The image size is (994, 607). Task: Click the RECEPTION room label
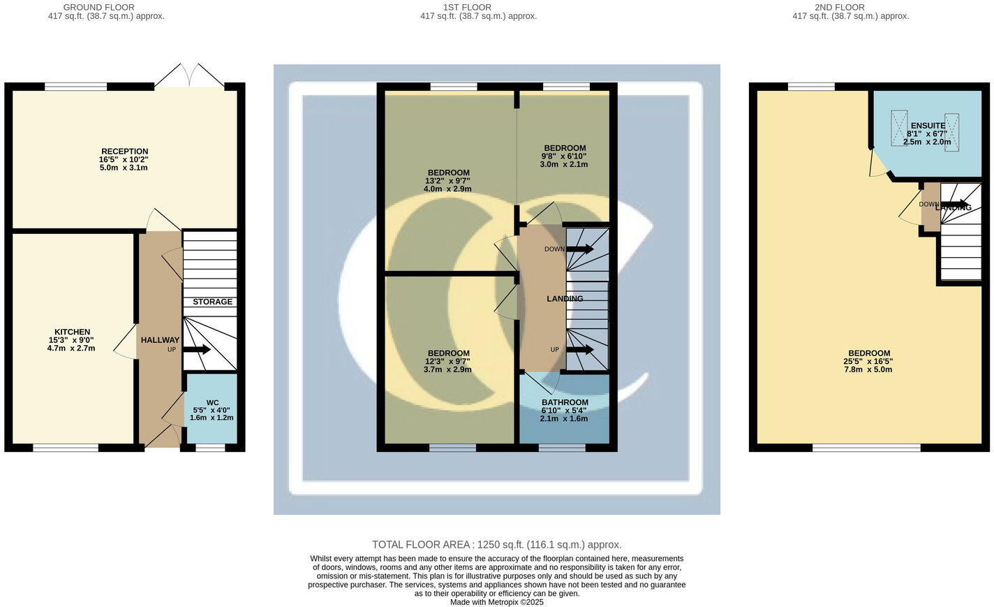(124, 152)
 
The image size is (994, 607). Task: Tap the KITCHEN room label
(73, 332)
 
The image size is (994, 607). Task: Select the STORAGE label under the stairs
(212, 302)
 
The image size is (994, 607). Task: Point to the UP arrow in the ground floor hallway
(196, 349)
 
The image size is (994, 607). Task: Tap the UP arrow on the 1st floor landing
(580, 349)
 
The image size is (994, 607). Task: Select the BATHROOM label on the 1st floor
(565, 402)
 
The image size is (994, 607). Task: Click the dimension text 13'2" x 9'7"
(447, 181)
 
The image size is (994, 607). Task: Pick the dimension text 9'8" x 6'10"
(564, 156)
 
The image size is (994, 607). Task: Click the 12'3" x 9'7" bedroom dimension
(447, 361)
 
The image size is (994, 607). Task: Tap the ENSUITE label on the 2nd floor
(928, 126)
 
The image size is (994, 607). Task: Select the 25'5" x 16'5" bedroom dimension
(868, 361)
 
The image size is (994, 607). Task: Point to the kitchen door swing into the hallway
(126, 342)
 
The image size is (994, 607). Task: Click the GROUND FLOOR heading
(98, 8)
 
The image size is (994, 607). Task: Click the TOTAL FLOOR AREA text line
(496, 545)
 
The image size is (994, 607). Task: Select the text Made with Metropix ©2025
(496, 602)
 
